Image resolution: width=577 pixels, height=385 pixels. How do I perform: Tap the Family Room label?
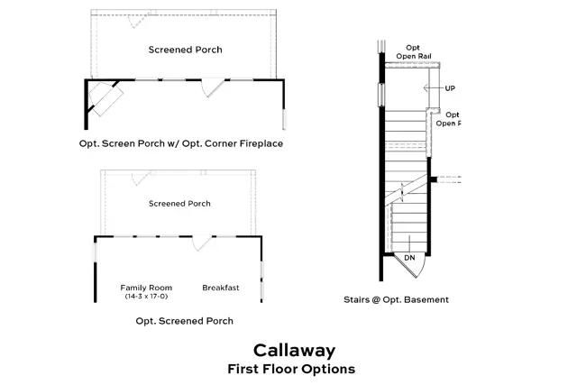146,288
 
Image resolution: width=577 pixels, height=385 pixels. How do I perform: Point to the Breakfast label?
221,288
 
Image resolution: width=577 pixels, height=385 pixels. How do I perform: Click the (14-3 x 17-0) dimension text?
146,296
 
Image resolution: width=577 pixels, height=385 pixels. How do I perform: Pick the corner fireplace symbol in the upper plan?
106,99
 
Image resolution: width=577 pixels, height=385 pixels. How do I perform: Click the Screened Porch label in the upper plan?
185,50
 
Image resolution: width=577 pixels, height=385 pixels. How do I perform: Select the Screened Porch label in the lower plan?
179,204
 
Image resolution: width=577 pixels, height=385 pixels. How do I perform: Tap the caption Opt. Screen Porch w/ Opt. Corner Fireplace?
187,143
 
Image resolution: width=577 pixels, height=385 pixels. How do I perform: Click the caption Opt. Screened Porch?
184,320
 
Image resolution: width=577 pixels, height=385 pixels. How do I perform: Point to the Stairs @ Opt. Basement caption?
396,299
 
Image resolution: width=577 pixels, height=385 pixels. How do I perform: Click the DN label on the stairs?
408,259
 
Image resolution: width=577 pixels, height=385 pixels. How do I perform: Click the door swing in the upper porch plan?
210,87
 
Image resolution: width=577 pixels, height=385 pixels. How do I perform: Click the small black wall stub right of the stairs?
435,179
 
